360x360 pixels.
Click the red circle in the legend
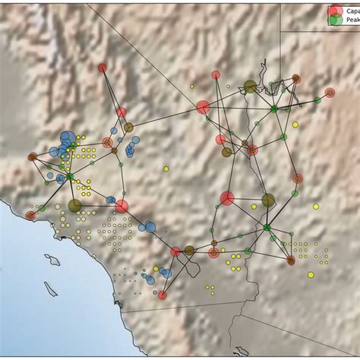(334, 11)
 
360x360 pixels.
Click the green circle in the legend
(334, 21)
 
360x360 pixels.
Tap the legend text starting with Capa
(351, 11)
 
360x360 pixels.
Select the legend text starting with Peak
(351, 21)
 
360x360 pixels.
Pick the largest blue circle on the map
(67, 138)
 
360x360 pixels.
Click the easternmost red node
(330, 93)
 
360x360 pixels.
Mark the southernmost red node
(163, 295)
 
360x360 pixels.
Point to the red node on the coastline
(30, 216)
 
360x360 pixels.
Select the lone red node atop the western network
(103, 68)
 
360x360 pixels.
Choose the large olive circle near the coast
(74, 205)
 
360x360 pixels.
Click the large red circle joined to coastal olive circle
(122, 206)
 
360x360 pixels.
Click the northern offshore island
(52, 261)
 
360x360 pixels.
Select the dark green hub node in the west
(70, 177)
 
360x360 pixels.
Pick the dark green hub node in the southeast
(267, 227)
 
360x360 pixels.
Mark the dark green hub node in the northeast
(273, 109)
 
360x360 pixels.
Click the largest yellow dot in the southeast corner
(311, 275)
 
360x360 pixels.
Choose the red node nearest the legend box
(297, 78)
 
